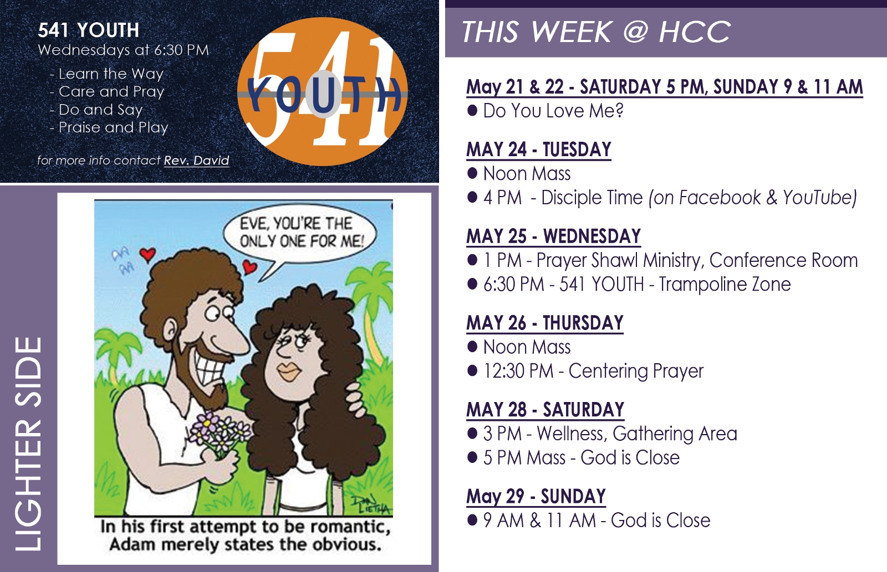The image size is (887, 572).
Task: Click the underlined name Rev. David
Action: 196,160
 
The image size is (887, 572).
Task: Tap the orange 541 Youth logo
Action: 322,92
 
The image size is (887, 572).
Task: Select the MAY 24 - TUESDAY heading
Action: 538,150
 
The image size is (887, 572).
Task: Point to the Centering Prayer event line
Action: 585,371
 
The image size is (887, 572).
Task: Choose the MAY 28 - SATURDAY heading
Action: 546,410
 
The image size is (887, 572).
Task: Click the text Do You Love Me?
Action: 553,110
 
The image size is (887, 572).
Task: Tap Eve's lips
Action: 289,371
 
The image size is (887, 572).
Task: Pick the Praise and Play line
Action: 109,127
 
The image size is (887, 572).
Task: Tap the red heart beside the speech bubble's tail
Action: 250,267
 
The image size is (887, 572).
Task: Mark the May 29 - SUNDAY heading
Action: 536,497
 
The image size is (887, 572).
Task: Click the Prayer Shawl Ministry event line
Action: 662,260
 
